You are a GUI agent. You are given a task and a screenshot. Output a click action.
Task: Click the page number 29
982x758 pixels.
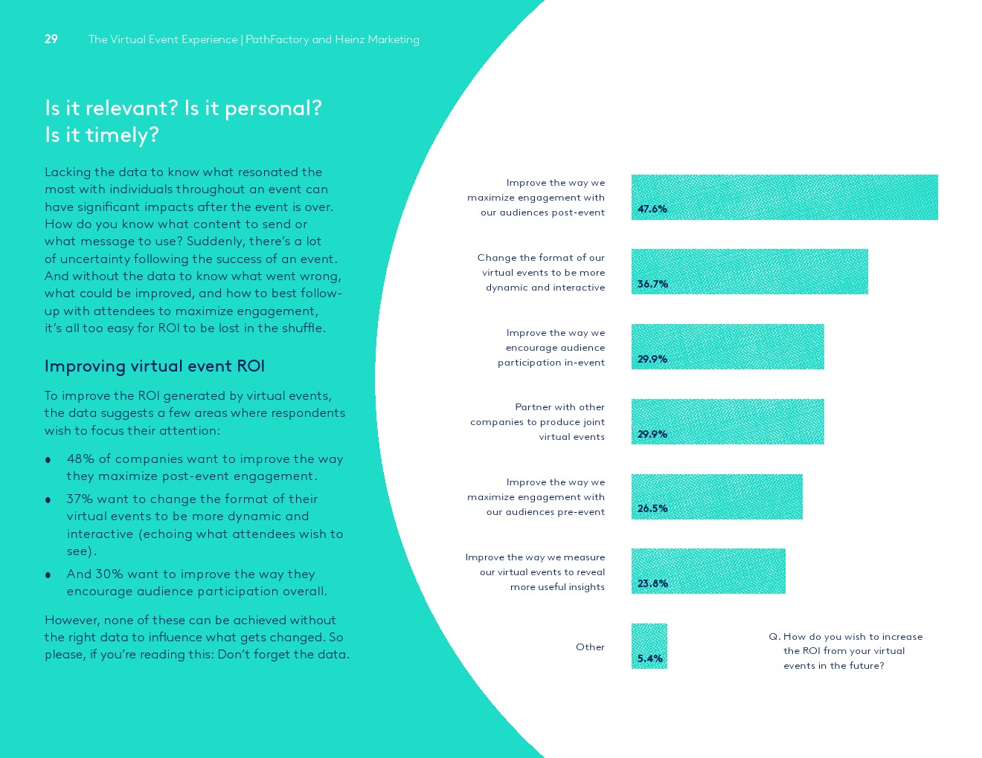click(51, 39)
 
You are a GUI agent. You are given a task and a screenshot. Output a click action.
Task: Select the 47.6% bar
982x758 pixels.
click(784, 197)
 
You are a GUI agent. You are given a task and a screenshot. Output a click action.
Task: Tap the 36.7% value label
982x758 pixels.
click(652, 284)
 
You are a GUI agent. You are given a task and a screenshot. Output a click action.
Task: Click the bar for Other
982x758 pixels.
click(649, 646)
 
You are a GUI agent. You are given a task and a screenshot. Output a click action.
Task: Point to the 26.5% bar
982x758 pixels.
click(716, 496)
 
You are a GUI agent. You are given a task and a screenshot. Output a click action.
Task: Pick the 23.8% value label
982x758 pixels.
click(652, 583)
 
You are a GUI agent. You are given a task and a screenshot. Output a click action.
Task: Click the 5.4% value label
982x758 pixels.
click(649, 658)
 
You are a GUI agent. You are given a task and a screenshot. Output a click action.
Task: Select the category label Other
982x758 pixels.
click(590, 647)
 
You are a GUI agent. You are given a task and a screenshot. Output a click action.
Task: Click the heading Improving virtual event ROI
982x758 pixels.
click(155, 366)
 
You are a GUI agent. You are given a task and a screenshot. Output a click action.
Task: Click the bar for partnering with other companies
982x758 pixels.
click(728, 421)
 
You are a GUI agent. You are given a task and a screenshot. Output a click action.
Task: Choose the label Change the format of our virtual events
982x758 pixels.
click(541, 273)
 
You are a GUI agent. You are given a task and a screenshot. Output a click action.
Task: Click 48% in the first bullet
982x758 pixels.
click(80, 459)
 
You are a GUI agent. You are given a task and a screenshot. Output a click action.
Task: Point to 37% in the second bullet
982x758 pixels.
click(80, 499)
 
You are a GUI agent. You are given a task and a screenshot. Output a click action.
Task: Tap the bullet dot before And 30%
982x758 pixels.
click(48, 575)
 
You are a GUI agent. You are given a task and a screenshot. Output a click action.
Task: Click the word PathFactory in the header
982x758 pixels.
click(277, 39)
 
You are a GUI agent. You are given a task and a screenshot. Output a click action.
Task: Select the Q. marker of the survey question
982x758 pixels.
click(774, 637)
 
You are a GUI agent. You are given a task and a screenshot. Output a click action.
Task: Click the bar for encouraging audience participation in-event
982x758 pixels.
click(728, 346)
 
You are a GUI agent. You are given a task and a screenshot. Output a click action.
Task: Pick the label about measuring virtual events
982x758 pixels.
click(535, 572)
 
